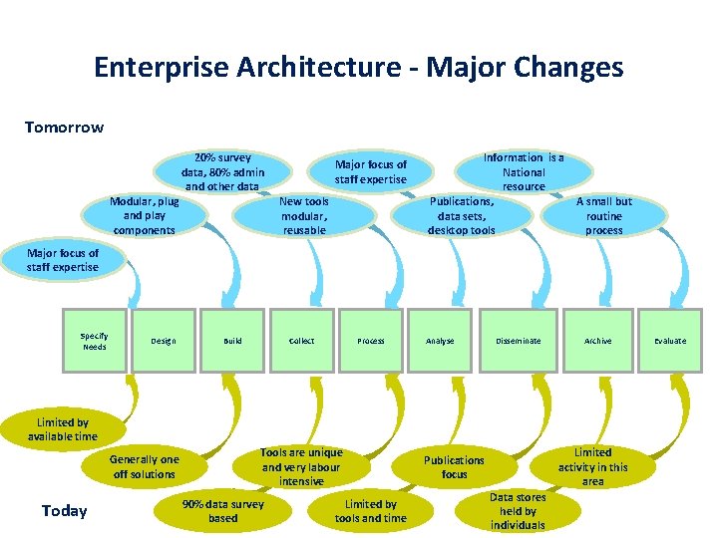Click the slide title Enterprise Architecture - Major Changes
click(358, 67)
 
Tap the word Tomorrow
click(64, 128)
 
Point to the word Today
click(65, 511)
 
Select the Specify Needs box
click(95, 341)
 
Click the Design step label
click(163, 341)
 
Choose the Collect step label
click(301, 341)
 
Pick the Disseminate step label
click(519, 341)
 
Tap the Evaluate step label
click(670, 341)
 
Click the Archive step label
click(598, 341)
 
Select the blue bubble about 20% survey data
click(223, 171)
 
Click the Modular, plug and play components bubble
click(145, 215)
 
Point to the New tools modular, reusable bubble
click(304, 215)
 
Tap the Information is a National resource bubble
click(524, 171)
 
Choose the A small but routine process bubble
click(604, 215)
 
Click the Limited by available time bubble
click(63, 429)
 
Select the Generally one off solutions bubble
click(145, 466)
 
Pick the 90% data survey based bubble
click(223, 510)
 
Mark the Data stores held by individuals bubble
click(518, 510)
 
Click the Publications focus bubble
click(454, 466)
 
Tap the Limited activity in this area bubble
click(593, 466)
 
